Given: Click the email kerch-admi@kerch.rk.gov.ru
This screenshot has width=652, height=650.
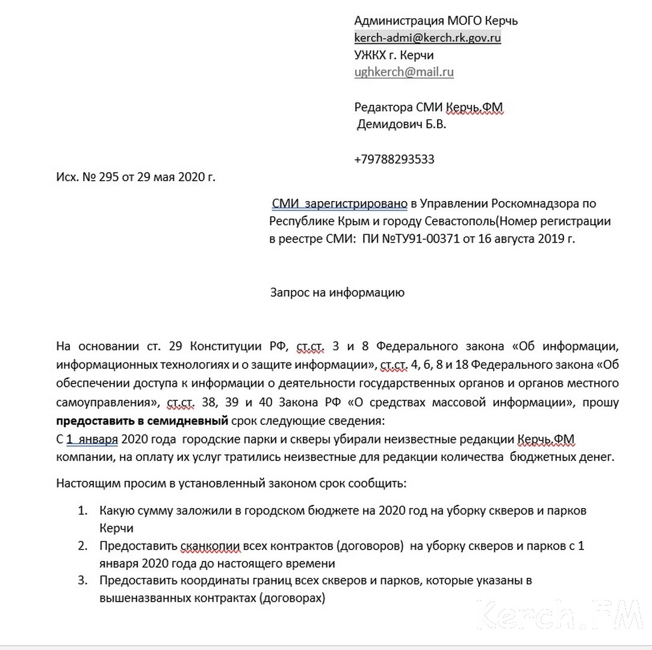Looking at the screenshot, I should coord(427,38).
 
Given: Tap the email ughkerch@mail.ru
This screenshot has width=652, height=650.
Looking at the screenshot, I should coord(404,72).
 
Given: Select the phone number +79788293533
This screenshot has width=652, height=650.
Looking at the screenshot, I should coord(394,159).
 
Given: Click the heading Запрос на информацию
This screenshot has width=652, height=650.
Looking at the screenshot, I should coord(337,293).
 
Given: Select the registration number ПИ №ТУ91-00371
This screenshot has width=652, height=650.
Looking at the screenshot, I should coord(410,238).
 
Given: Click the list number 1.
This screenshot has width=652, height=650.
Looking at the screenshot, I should coord(82,511).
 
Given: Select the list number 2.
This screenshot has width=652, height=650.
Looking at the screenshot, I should coord(82,546).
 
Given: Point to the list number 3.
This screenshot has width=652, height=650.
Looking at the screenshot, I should coord(82,581).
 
